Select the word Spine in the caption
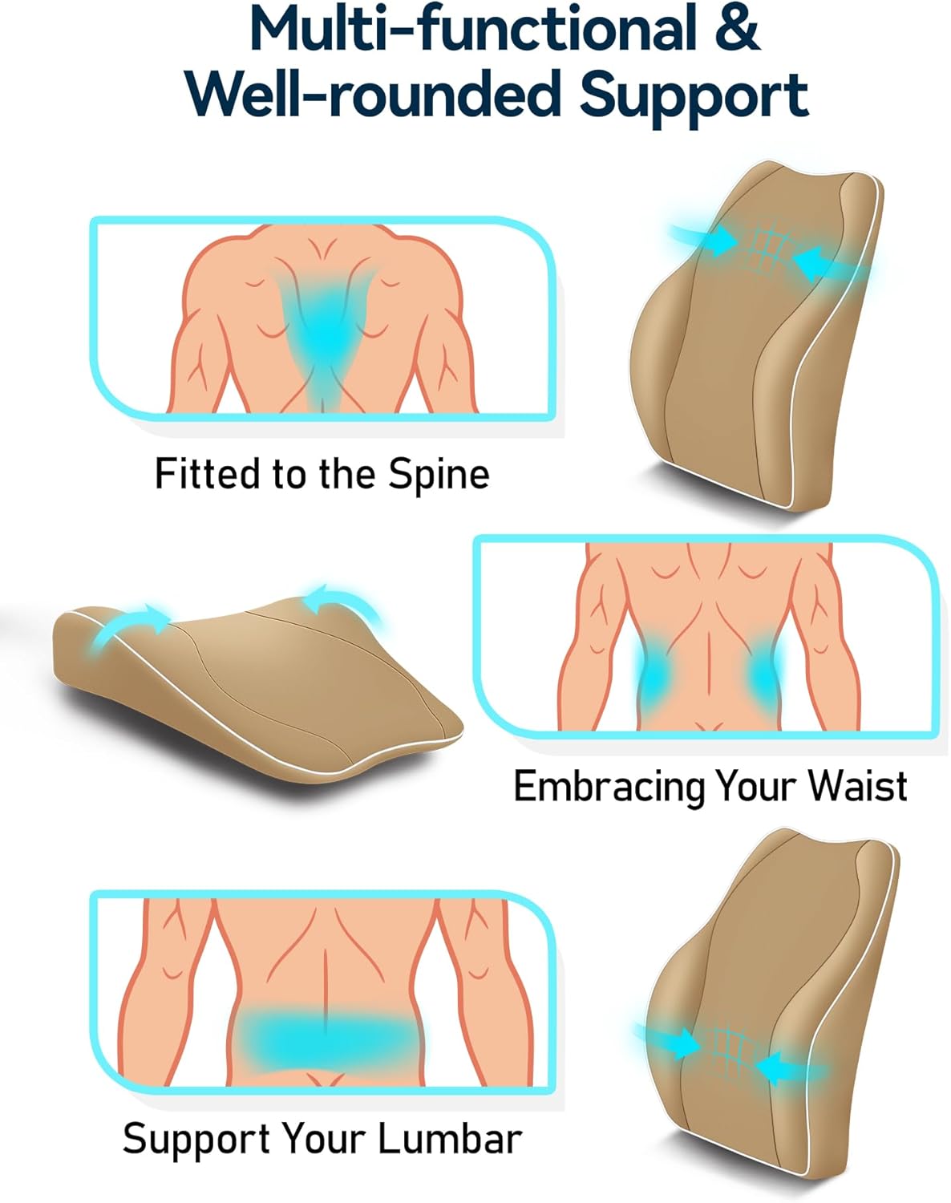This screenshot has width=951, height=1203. pos(439,474)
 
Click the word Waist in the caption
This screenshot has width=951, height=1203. pos(857,786)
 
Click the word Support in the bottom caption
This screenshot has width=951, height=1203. pos(197,1139)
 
